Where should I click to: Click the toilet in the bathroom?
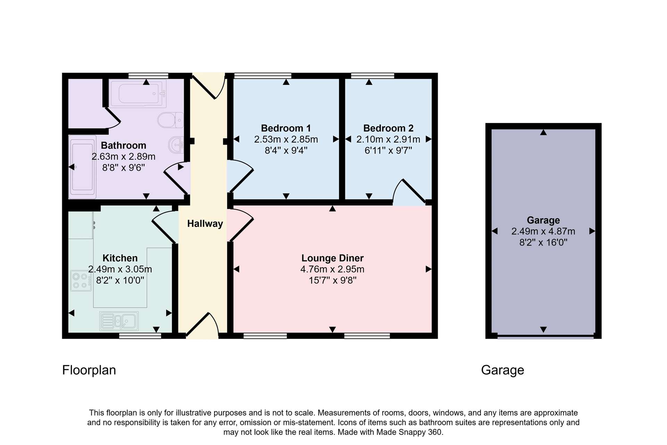pos(170,120)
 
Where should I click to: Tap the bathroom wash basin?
pos(176,145)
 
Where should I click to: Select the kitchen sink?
pos(119,321)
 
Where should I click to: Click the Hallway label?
pos(205,224)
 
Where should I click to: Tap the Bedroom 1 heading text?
pos(286,128)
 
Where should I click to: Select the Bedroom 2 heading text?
pos(388,128)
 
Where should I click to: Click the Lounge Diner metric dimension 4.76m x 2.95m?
pos(332,269)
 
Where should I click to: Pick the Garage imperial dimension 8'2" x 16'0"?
pos(543,242)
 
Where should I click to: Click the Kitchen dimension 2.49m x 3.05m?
pos(120,269)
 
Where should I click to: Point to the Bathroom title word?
pos(123,145)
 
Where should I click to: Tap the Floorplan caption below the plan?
pos(89,370)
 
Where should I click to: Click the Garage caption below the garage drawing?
pos(502,370)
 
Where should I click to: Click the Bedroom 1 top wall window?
pos(263,75)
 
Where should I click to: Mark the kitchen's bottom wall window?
pos(140,336)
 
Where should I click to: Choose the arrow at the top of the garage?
pos(543,132)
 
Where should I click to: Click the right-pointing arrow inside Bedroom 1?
pos(336,139)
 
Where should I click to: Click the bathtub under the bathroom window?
pos(138,94)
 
